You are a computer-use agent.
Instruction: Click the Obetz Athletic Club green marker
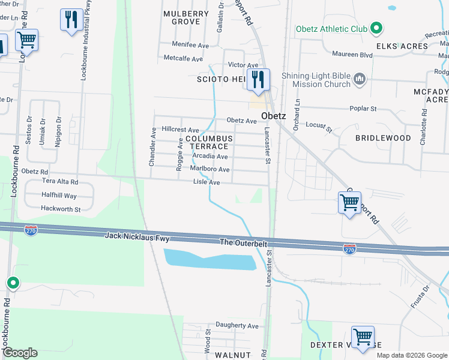point(376,28)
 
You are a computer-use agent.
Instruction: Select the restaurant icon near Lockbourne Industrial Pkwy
point(71,20)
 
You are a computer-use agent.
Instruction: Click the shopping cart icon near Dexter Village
point(363,337)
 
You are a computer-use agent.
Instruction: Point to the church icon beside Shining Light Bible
point(360,79)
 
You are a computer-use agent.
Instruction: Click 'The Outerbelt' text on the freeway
point(243,242)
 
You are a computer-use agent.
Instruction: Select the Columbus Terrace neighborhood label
point(207,142)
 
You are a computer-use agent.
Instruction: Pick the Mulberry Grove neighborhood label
point(185,17)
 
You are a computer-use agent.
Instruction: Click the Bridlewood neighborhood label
point(383,138)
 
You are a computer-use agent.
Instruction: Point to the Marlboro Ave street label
point(210,169)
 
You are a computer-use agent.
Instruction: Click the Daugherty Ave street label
point(237,326)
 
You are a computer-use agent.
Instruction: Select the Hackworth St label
point(61,209)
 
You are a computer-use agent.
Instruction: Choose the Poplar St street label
point(364,109)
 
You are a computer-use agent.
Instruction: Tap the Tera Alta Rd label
point(59,181)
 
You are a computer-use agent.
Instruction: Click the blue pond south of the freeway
point(210,259)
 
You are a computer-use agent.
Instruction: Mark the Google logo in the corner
point(20,353)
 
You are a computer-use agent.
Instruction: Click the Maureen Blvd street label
point(352,55)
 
